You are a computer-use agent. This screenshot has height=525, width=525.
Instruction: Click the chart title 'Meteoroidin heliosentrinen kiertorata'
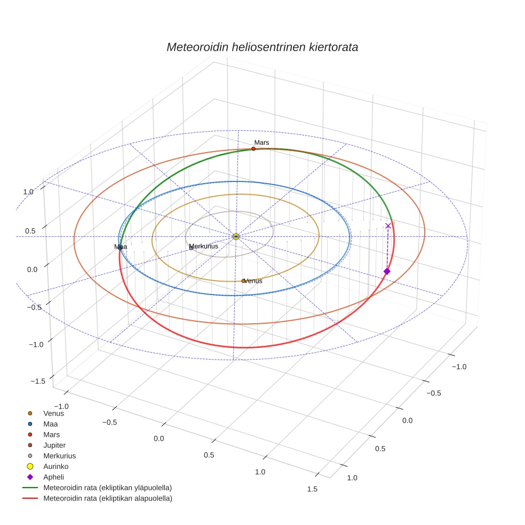(x=262, y=47)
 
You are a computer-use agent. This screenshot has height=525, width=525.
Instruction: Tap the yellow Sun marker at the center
(x=236, y=236)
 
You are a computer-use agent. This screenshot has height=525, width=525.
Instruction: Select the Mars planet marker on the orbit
(x=253, y=149)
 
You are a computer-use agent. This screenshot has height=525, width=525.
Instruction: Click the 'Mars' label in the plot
(x=261, y=142)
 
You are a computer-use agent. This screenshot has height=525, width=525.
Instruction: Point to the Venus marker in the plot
(x=243, y=281)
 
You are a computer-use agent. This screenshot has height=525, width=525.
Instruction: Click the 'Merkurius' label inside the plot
(x=204, y=246)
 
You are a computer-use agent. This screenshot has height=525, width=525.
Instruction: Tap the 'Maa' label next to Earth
(x=121, y=246)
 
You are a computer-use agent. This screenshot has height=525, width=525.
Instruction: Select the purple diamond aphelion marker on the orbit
(x=387, y=272)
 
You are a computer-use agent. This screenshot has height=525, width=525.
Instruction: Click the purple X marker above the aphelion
(x=388, y=226)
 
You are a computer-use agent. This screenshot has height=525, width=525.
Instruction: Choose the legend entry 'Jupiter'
(x=54, y=445)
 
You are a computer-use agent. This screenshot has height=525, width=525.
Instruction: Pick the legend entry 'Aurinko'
(x=55, y=466)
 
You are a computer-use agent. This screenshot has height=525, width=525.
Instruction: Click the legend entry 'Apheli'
(x=53, y=477)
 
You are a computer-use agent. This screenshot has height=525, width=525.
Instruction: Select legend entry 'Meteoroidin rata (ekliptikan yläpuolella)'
(x=107, y=488)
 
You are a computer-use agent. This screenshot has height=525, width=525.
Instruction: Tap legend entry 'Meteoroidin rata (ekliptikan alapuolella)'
(x=107, y=498)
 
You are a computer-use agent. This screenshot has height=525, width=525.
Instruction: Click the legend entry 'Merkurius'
(x=59, y=456)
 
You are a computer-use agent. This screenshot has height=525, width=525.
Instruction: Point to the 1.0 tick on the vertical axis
(x=28, y=192)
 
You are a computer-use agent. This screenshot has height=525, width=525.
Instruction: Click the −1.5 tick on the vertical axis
(x=37, y=381)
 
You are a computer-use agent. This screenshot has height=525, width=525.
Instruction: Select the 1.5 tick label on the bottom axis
(x=312, y=489)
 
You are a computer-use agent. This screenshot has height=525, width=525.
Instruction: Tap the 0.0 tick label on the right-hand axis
(x=408, y=420)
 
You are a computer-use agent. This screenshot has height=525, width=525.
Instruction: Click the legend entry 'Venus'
(x=53, y=413)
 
